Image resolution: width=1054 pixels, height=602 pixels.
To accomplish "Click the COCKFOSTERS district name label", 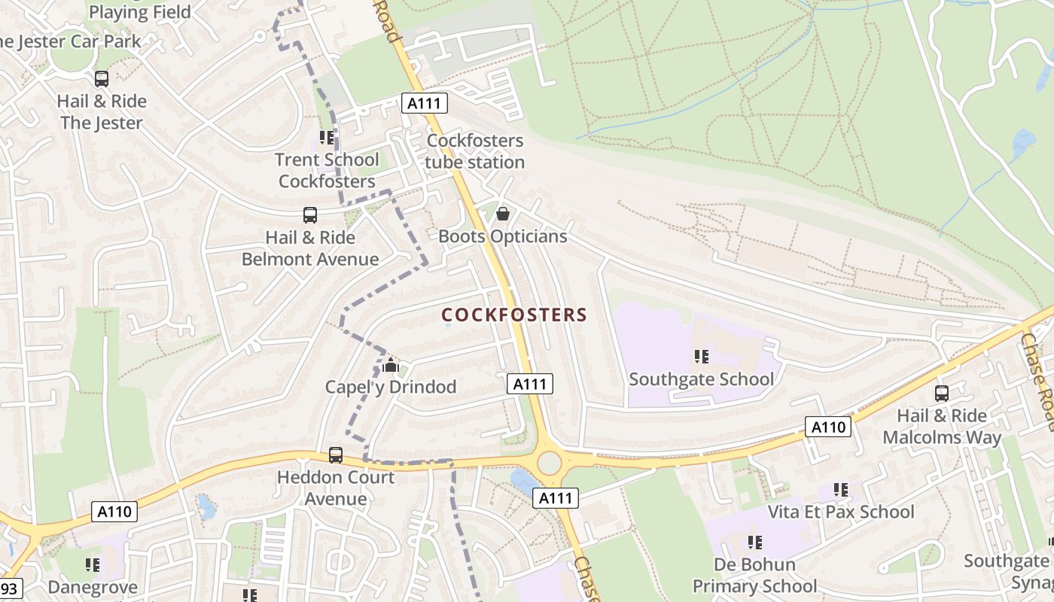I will (x=513, y=315).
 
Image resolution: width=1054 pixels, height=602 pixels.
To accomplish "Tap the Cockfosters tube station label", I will (x=475, y=151).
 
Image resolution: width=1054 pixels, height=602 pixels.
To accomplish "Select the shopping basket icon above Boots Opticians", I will (x=503, y=214).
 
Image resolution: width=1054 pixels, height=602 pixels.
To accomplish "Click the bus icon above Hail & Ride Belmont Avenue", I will (x=310, y=215).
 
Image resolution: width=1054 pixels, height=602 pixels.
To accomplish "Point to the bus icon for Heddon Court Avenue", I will (x=336, y=455).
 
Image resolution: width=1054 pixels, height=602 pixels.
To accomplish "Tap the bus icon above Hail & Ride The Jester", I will (x=102, y=79).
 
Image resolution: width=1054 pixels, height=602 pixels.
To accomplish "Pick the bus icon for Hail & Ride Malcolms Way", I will (x=942, y=393).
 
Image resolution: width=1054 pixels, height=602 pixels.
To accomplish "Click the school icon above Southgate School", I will (x=702, y=357).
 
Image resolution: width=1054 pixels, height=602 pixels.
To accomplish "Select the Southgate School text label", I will (x=701, y=379).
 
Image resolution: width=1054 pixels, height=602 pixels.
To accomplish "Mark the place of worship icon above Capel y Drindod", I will (x=391, y=366).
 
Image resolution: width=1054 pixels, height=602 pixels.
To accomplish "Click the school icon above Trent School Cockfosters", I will (x=327, y=138).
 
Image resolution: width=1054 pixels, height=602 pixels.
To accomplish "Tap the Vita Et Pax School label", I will (x=841, y=512).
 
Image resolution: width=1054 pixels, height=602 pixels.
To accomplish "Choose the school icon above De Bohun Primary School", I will (x=755, y=543).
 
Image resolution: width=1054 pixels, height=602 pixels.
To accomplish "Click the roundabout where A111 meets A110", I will (x=550, y=462).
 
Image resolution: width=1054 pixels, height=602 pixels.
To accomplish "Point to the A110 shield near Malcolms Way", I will (x=828, y=427).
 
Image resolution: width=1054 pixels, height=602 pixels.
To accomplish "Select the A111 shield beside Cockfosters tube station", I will (x=425, y=103).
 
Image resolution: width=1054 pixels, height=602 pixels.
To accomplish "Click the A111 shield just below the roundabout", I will (x=556, y=497).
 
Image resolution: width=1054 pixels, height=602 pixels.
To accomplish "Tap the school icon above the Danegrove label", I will (x=93, y=565).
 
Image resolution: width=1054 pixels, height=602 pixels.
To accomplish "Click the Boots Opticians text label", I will (x=502, y=236).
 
